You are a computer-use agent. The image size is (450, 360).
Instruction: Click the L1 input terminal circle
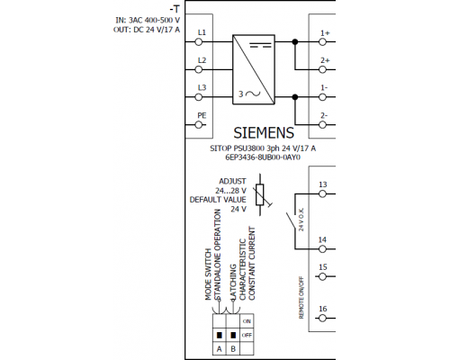tap(199, 42)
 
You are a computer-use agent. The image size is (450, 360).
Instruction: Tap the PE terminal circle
tap(199, 125)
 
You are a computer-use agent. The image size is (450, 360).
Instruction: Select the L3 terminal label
tap(202, 87)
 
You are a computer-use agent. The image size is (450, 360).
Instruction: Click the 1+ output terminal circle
tap(322, 42)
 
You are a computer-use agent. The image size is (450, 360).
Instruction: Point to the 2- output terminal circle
tap(322, 125)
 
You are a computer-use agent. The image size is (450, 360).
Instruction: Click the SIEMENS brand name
tap(264, 133)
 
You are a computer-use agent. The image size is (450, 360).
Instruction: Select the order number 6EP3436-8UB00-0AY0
tap(263, 157)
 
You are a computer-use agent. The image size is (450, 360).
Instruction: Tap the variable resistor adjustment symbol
tap(261, 194)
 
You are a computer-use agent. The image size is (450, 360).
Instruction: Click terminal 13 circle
tap(322, 194)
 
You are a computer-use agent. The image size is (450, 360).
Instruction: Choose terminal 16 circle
tap(322, 319)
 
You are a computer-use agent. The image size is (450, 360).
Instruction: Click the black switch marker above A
tap(220, 335)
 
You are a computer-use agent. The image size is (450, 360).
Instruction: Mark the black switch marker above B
tap(233, 335)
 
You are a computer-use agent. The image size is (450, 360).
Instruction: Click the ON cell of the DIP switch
tap(247, 321)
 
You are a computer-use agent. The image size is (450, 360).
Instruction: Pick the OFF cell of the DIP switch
tap(247, 335)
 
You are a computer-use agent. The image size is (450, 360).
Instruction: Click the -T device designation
tap(175, 10)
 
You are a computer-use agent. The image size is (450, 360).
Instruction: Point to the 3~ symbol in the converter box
tap(249, 94)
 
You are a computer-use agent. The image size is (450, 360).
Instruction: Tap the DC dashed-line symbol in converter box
tap(260, 45)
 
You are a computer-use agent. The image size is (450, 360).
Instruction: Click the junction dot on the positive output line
tap(295, 42)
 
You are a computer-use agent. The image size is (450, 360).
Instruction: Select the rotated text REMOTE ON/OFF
tap(301, 298)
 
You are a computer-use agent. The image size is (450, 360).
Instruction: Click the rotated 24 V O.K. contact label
tap(301, 220)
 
